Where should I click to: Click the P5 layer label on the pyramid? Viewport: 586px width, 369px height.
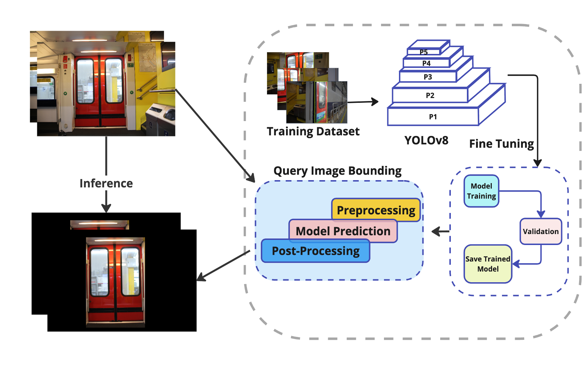(424, 52)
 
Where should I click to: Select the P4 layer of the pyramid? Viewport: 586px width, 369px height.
(426, 63)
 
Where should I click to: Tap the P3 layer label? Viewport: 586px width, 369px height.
(428, 77)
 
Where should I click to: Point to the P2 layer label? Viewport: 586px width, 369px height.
(430, 96)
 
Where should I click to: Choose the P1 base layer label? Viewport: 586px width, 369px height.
(433, 117)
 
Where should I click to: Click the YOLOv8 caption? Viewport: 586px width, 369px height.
(426, 140)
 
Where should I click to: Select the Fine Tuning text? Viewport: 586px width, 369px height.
(502, 144)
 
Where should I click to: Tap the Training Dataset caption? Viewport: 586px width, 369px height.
(313, 131)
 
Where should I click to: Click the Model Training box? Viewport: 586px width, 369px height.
(481, 191)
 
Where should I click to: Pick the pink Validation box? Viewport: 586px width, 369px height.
(541, 232)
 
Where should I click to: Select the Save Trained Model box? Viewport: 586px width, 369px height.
(488, 264)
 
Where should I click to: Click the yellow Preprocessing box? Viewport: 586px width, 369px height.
(376, 210)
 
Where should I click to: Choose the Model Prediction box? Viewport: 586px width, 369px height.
(343, 231)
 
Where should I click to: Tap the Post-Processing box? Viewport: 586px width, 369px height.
(316, 251)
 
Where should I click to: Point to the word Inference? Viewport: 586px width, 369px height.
(106, 183)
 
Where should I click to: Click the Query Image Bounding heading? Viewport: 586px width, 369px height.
(337, 171)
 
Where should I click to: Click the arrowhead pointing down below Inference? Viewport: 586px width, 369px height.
(106, 208)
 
